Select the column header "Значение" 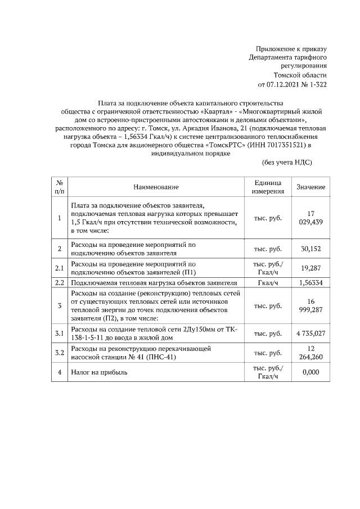(x=310, y=187)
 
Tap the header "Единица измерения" (x=267, y=187)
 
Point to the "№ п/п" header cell (x=60, y=187)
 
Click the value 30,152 (x=310, y=249)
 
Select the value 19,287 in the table (x=310, y=268)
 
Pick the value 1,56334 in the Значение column (x=310, y=282)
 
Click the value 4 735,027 (x=310, y=334)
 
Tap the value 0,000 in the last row (x=310, y=372)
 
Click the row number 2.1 (x=60, y=268)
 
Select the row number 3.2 (x=60, y=353)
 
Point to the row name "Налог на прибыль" (x=99, y=372)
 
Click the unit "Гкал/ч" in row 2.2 (x=267, y=282)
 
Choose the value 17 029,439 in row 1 (x=310, y=218)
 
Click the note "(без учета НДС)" (x=287, y=163)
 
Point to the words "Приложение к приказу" (x=291, y=49)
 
